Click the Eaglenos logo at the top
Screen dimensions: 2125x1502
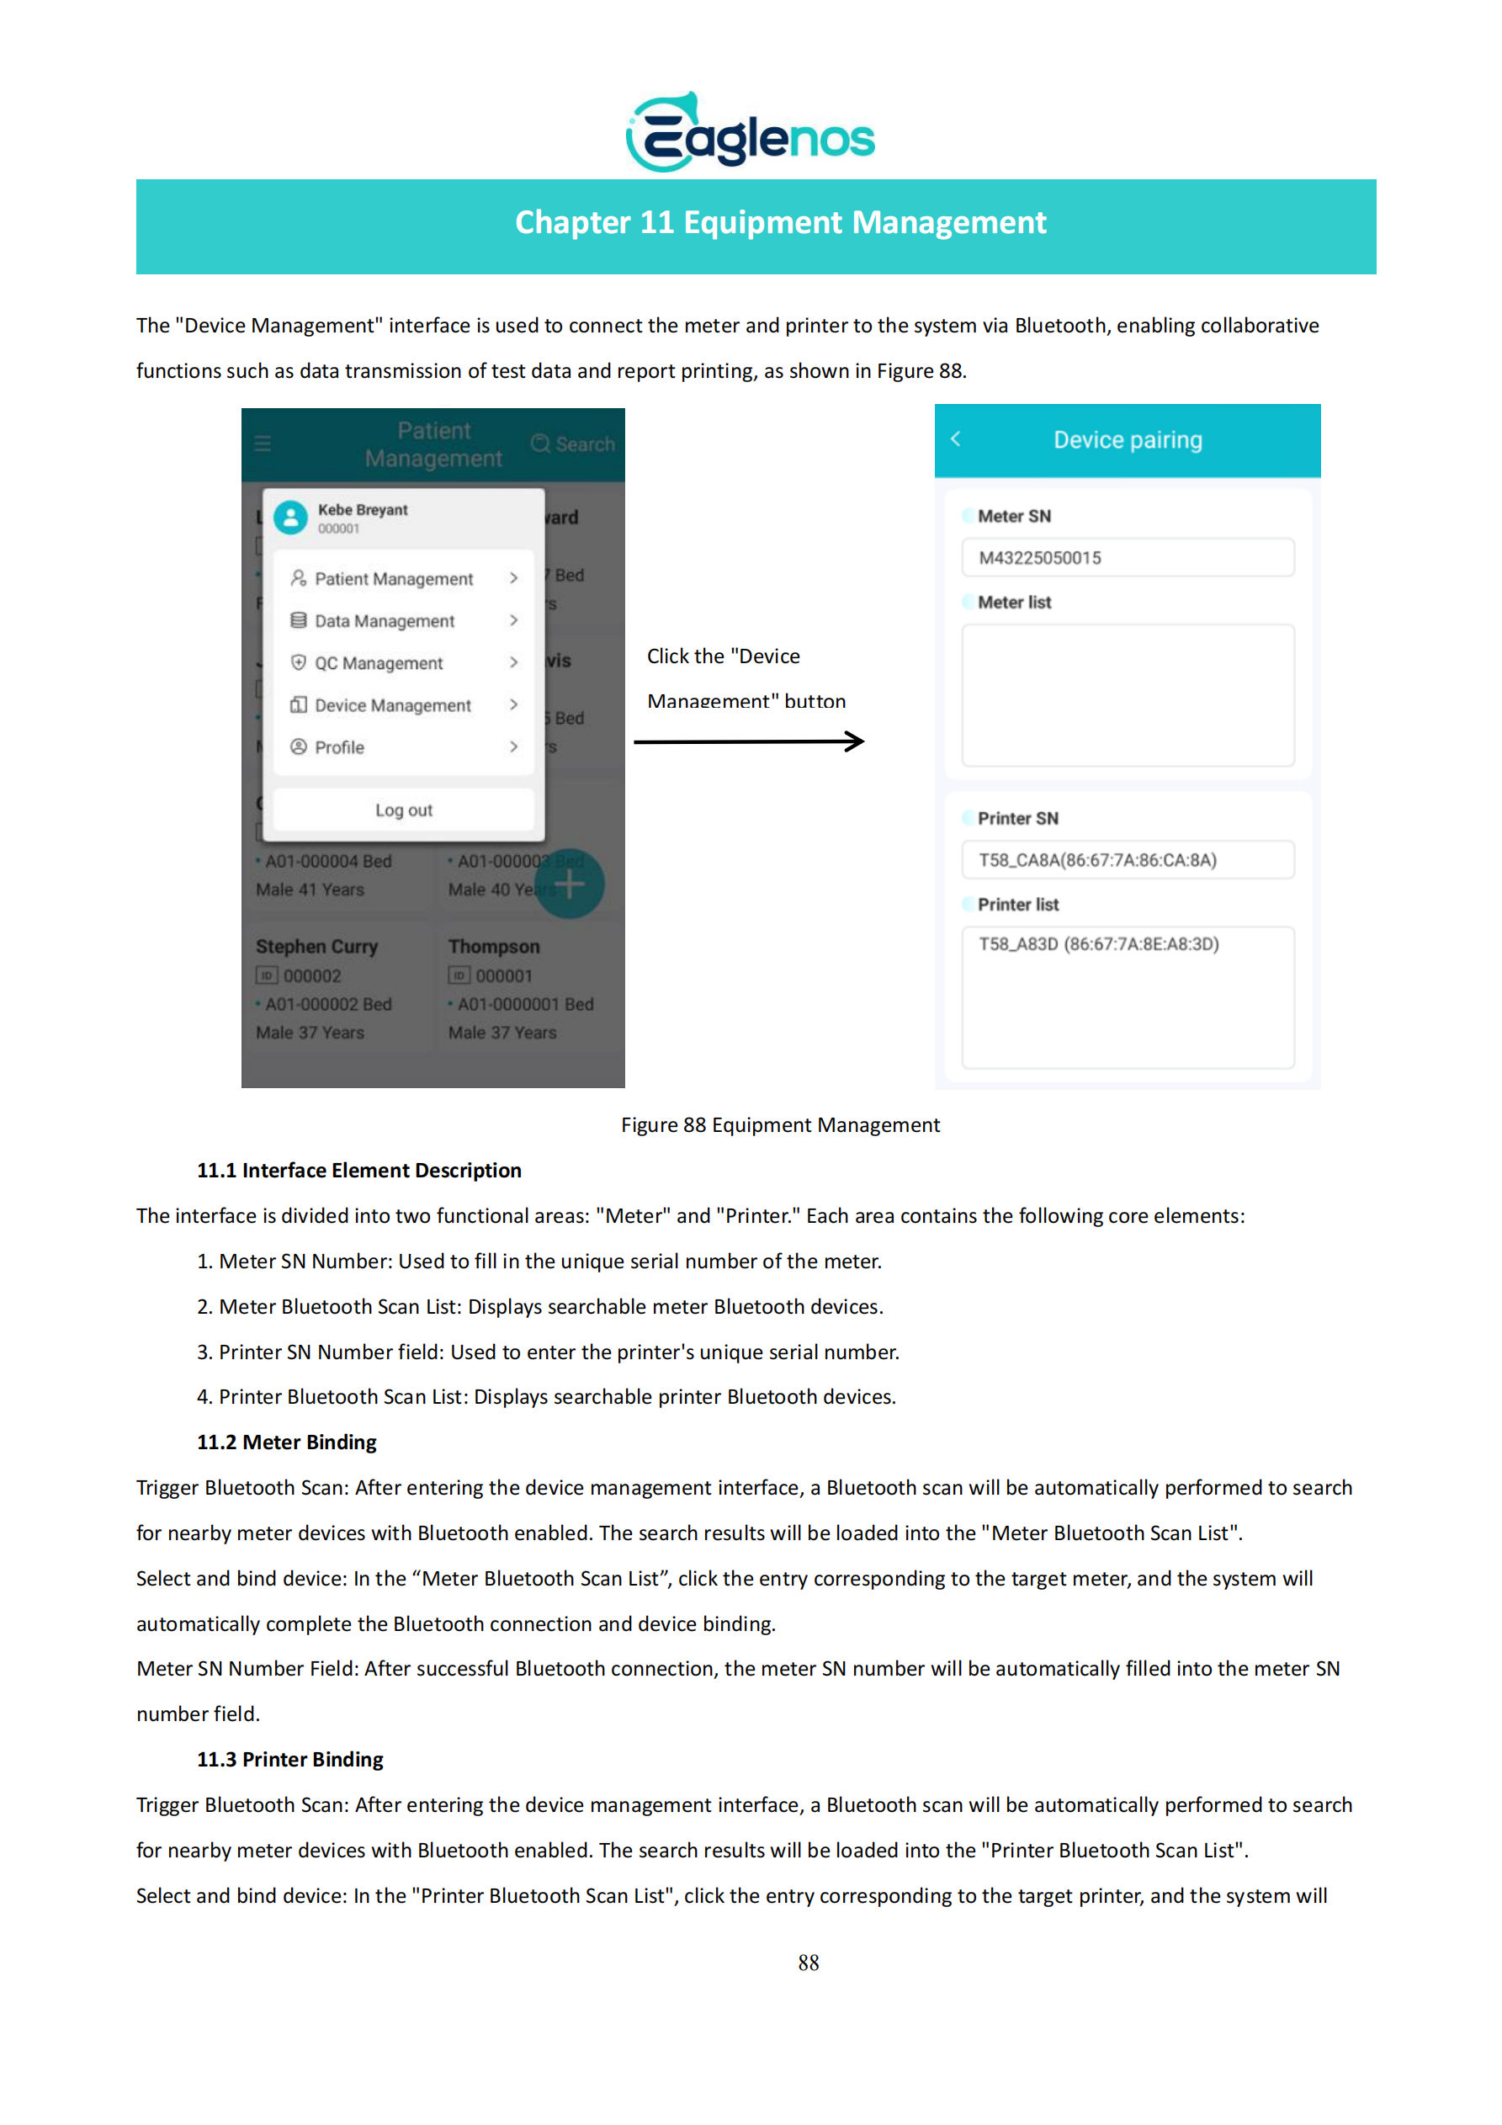click(750, 133)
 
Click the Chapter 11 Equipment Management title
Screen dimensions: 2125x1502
click(780, 223)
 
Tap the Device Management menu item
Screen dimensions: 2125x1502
click(392, 705)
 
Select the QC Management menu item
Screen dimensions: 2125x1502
click(379, 662)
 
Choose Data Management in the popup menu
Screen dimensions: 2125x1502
click(384, 621)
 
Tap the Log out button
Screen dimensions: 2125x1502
click(404, 810)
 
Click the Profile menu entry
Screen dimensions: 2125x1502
click(340, 746)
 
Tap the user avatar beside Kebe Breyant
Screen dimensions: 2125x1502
click(290, 518)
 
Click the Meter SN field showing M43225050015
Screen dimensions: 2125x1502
click(1128, 558)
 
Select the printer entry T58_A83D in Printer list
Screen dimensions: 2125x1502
click(1098, 944)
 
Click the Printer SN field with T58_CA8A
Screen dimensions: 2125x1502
click(1128, 860)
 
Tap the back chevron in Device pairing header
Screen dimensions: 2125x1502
click(956, 439)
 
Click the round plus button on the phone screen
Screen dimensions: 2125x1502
click(569, 885)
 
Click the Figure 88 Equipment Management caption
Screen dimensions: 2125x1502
click(780, 1124)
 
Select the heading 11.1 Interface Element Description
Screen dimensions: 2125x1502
click(359, 1170)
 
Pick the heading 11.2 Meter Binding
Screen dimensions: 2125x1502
click(287, 1442)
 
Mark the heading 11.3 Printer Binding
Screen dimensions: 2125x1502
click(289, 1760)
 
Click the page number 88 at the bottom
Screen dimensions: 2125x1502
click(808, 1963)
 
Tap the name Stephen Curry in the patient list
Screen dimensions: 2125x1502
click(316, 947)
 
